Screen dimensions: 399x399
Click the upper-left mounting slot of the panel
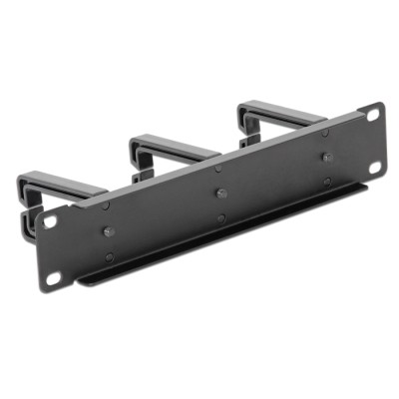pyautogui.click(x=49, y=222)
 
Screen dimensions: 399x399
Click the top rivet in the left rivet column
pyautogui.click(x=107, y=206)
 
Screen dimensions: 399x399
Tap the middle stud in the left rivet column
pyautogui.click(x=108, y=231)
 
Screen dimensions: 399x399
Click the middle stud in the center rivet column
pyautogui.click(x=219, y=194)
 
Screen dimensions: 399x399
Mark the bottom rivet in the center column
pyautogui.click(x=220, y=218)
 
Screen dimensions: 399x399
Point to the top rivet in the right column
pyautogui.click(x=324, y=132)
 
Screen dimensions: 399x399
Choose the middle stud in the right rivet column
pyautogui.click(x=325, y=157)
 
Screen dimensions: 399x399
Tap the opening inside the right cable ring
pyautogui.click(x=274, y=127)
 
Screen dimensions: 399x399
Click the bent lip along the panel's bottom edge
pyautogui.click(x=229, y=233)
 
